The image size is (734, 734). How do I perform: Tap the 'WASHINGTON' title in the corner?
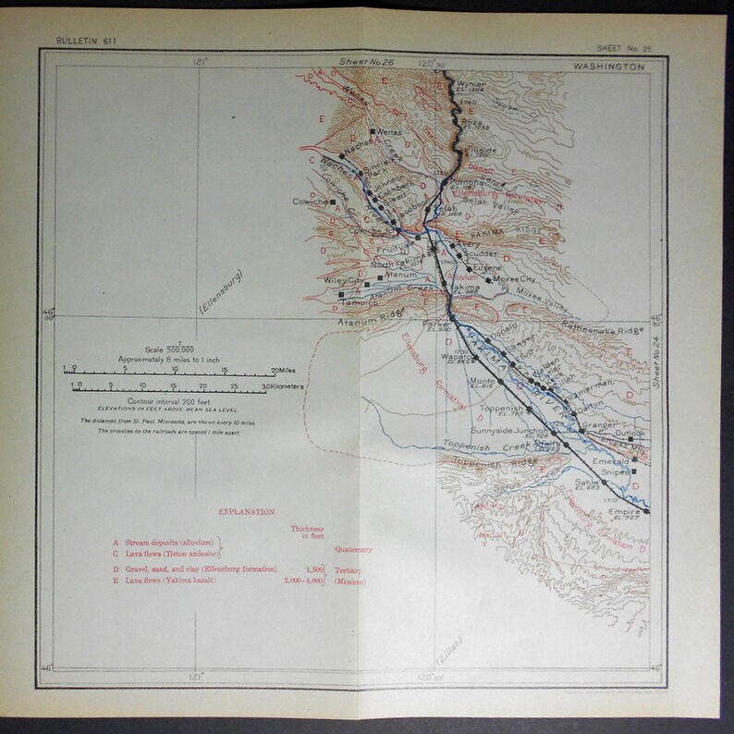pyautogui.click(x=623, y=67)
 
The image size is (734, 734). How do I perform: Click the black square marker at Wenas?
pyautogui.click(x=372, y=132)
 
